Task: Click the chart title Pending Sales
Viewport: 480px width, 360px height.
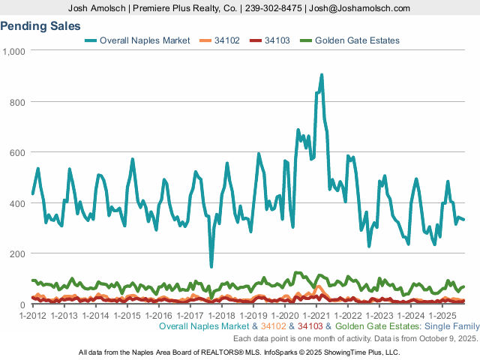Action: [40, 26]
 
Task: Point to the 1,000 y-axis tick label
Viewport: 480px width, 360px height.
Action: [13, 51]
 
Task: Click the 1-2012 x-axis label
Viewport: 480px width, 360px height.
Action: [32, 315]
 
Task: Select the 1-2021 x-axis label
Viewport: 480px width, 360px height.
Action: [316, 315]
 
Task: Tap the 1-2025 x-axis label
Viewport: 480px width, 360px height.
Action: [442, 315]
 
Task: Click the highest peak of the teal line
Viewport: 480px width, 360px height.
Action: [322, 75]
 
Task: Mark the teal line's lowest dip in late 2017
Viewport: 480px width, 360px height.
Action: [211, 265]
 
